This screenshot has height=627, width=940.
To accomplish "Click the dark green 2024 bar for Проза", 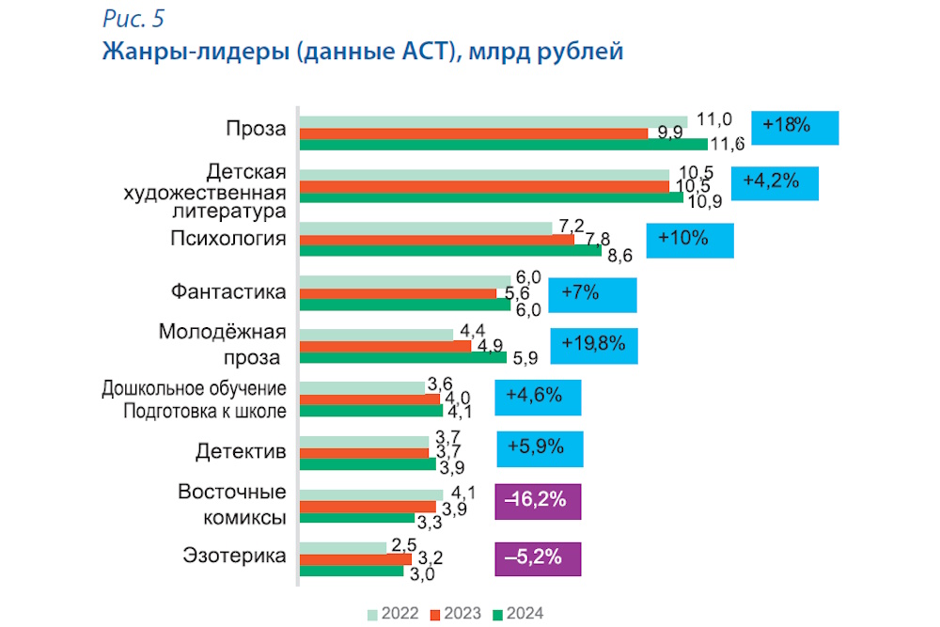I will [x=503, y=144].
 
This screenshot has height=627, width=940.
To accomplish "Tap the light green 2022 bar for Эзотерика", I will [x=343, y=547].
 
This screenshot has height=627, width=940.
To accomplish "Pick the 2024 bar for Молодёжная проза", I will [x=403, y=357].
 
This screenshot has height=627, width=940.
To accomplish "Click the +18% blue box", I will [x=795, y=127].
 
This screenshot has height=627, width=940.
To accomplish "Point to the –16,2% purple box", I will [x=538, y=501].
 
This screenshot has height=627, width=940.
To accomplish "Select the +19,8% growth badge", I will [x=593, y=345].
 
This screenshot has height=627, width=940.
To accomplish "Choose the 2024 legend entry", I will [x=516, y=614].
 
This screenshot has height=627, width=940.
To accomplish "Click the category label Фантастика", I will [x=228, y=291].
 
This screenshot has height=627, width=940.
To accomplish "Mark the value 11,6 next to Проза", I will [x=728, y=145].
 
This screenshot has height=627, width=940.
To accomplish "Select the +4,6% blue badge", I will [x=538, y=397].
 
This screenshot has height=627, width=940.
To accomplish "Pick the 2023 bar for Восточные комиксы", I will [x=368, y=507].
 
